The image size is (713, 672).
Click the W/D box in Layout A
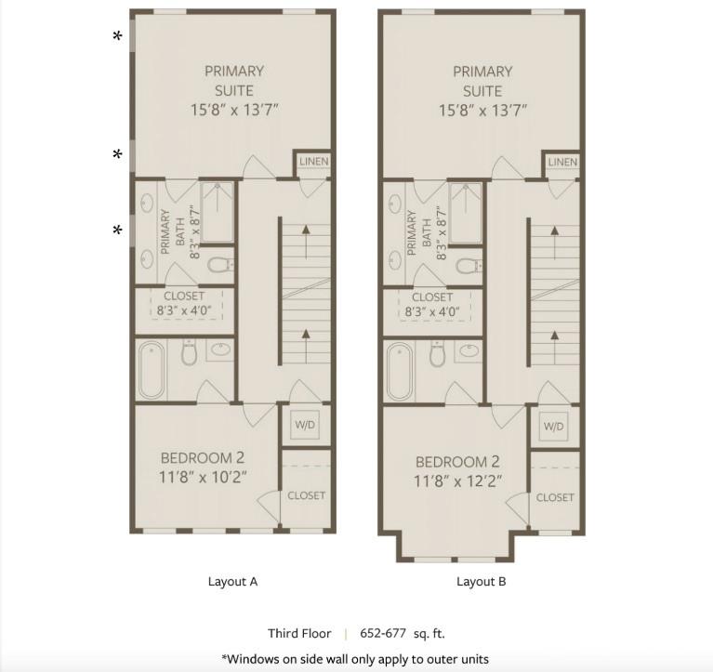coord(305,426)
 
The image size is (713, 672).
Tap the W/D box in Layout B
coord(553,427)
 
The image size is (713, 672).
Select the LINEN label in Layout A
coord(313,162)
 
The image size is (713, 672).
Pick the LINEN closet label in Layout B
coord(562,162)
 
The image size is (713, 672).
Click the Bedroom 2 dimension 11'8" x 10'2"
coord(204,478)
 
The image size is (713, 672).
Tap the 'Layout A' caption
coord(232,582)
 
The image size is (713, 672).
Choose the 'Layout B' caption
coord(481,582)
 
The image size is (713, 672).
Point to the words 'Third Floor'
coord(299,634)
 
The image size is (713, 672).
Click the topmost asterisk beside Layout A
coord(117,37)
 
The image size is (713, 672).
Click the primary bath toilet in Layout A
coord(219,266)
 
